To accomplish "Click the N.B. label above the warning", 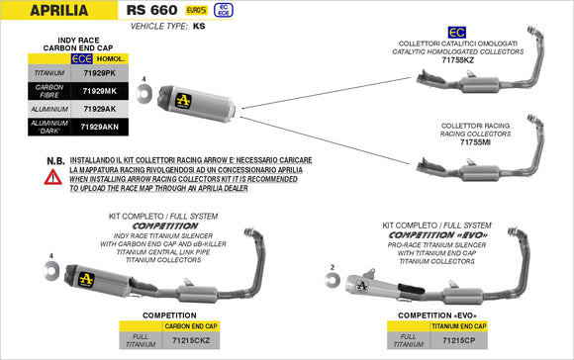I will [27, 160].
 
